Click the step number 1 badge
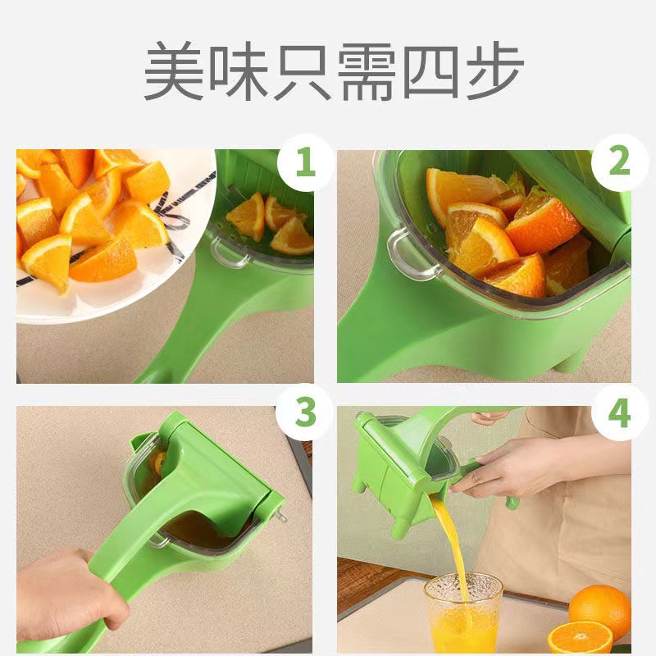coord(305,163)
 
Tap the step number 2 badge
coord(618,163)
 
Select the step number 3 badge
coord(305,413)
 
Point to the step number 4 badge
coord(618,413)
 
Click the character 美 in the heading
coord(175,71)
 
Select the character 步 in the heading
coord(490,71)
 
